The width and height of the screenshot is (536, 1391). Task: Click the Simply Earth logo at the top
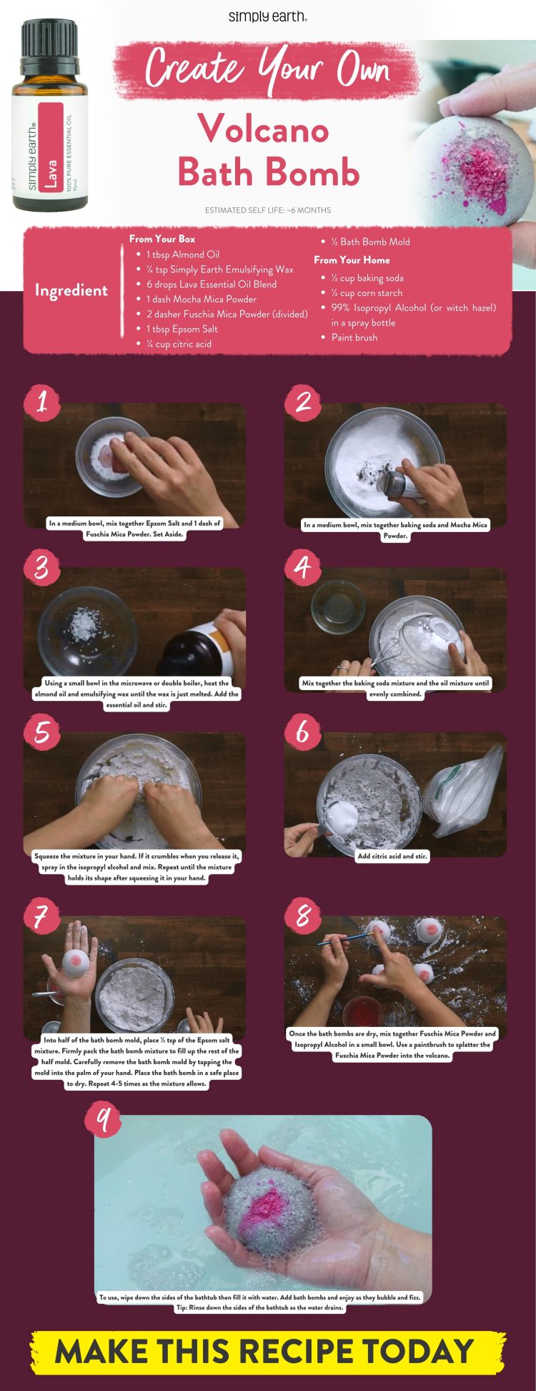268,16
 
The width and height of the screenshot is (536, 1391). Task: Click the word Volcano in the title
263,129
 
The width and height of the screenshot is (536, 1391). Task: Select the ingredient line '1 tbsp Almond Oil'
183,255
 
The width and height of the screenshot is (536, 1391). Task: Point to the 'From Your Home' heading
352,260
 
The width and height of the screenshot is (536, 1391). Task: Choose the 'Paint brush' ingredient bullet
354,338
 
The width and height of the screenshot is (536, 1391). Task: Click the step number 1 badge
41,402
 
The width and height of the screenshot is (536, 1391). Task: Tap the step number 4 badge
303,567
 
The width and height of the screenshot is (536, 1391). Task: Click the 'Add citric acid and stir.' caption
392,856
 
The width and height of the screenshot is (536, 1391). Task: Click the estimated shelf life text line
267,210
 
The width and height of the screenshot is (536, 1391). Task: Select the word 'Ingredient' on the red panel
71,290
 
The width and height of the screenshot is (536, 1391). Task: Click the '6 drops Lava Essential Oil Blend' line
212,285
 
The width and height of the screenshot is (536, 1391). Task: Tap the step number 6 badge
303,732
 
